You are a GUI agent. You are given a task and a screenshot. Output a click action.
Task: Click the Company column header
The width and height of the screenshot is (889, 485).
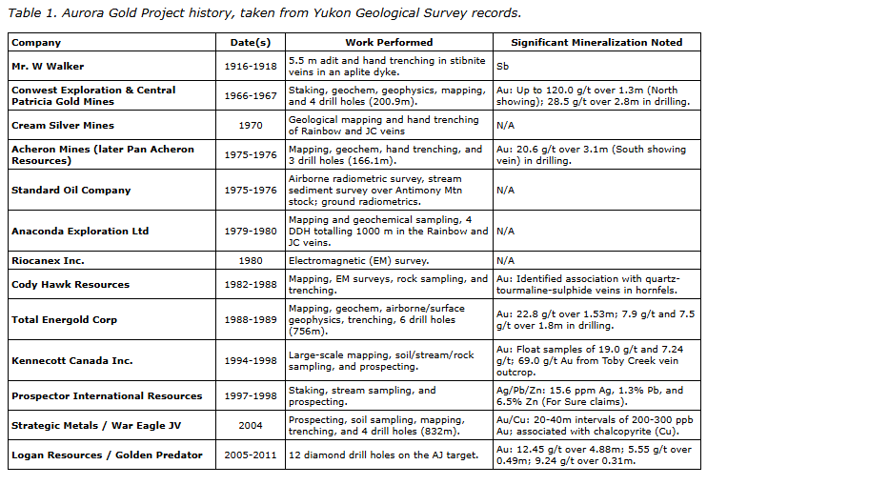point(36,43)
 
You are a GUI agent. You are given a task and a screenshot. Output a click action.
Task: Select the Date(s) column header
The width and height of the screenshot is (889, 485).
point(251,43)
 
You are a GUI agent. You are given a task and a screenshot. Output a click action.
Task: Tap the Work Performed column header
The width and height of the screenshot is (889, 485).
point(389,43)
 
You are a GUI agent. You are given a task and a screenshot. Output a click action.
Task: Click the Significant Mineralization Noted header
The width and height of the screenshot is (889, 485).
point(596,43)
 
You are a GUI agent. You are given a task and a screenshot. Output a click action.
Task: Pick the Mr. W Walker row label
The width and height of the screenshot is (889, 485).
point(48,67)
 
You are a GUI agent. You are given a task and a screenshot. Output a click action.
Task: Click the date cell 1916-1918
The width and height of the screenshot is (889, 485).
point(251,67)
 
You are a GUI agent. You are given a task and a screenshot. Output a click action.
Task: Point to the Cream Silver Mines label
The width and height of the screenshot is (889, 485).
point(63,125)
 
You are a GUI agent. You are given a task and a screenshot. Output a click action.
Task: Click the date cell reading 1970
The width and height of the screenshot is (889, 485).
point(251,125)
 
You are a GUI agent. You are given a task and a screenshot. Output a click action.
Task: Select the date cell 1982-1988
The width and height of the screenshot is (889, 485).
point(251,284)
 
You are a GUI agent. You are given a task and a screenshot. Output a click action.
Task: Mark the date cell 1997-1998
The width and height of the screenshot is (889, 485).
point(251,395)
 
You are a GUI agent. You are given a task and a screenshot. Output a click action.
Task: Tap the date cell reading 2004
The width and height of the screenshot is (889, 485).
point(251,424)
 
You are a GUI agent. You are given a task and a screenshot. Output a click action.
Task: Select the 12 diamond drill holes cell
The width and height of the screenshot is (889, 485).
point(383,455)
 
